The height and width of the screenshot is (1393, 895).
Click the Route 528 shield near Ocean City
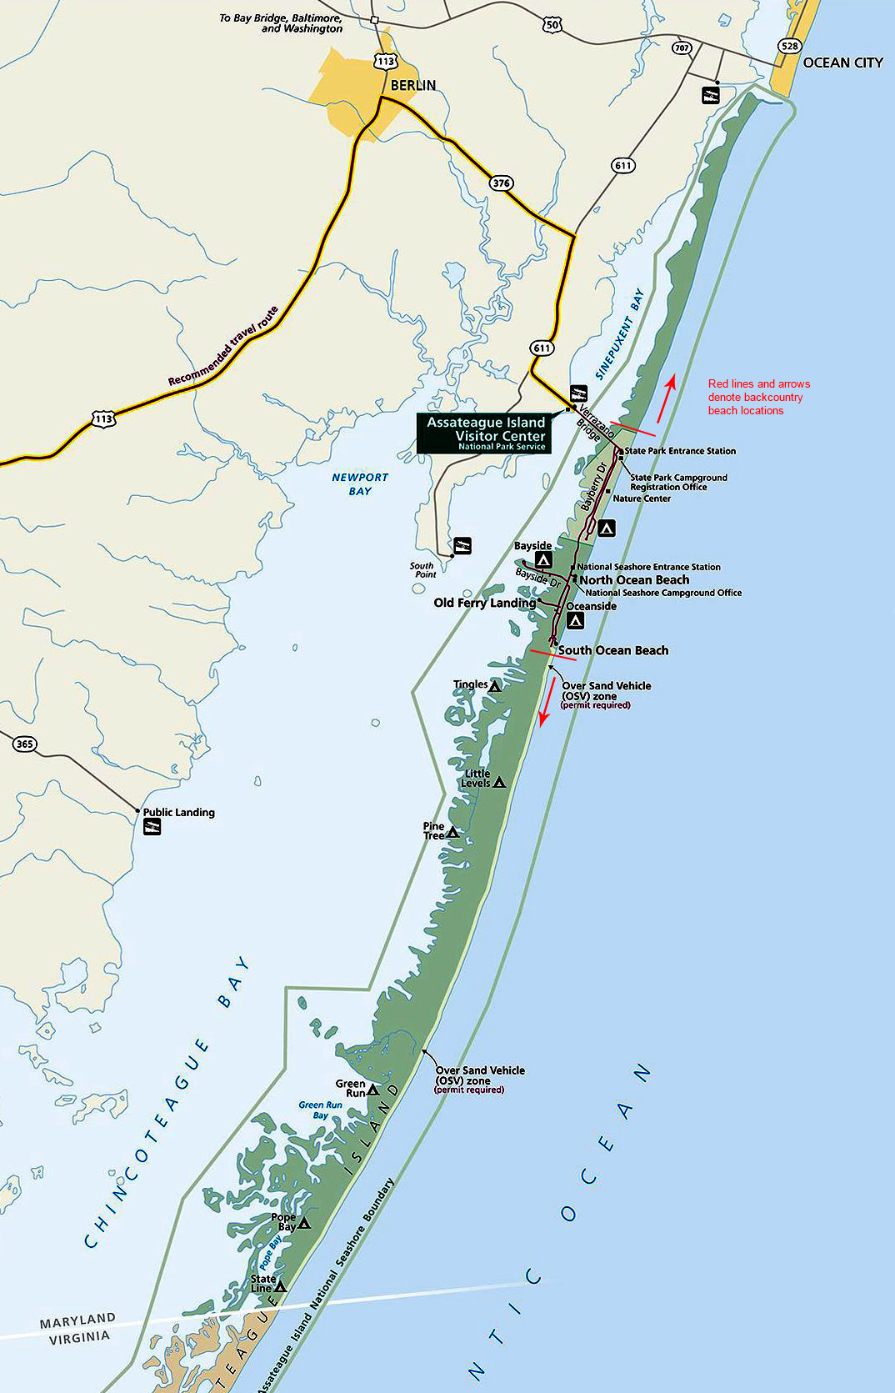click(789, 47)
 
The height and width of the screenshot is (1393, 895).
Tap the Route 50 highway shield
click(552, 25)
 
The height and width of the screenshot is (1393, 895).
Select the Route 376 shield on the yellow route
click(501, 183)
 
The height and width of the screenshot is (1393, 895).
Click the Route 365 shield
click(25, 744)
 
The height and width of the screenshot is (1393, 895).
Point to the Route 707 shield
click(682, 48)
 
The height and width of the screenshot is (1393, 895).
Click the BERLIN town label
click(412, 85)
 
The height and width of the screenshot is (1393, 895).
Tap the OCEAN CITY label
click(842, 63)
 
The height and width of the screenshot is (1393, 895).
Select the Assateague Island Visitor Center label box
click(484, 433)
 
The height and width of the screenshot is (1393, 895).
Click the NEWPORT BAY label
click(360, 484)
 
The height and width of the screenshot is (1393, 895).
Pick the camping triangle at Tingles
click(495, 687)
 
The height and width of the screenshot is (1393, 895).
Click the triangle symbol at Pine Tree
click(452, 832)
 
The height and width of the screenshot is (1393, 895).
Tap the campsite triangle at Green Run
click(372, 1090)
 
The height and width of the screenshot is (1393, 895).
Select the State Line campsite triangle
click(281, 1287)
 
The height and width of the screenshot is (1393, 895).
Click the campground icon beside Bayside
click(543, 560)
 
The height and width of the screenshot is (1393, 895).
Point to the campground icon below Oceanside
click(575, 621)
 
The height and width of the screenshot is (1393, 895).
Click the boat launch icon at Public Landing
click(152, 827)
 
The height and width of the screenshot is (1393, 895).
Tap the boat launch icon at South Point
click(461, 546)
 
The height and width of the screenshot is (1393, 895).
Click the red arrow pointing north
click(665, 398)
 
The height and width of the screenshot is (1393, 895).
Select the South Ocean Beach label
click(612, 650)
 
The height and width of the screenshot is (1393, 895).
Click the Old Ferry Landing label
click(484, 603)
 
